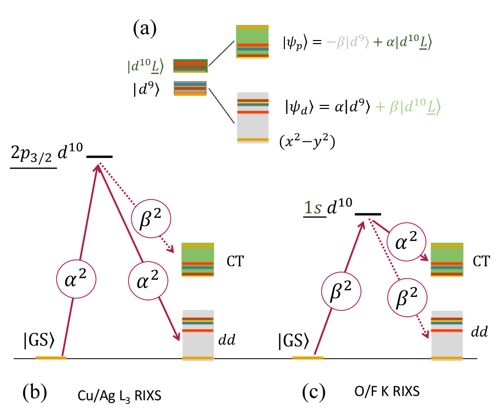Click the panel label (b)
35,391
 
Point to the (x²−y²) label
307,143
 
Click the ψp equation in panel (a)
357,43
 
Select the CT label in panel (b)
236,261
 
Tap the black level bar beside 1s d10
368,213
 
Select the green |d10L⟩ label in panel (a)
146,66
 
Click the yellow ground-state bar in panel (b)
51,358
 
